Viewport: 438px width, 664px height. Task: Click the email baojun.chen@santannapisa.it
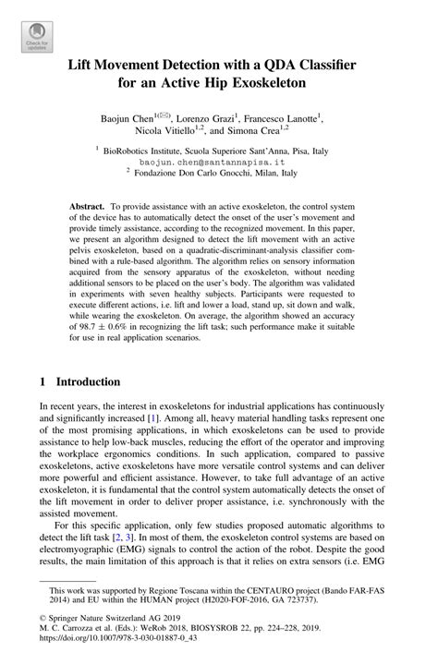[220, 161]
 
